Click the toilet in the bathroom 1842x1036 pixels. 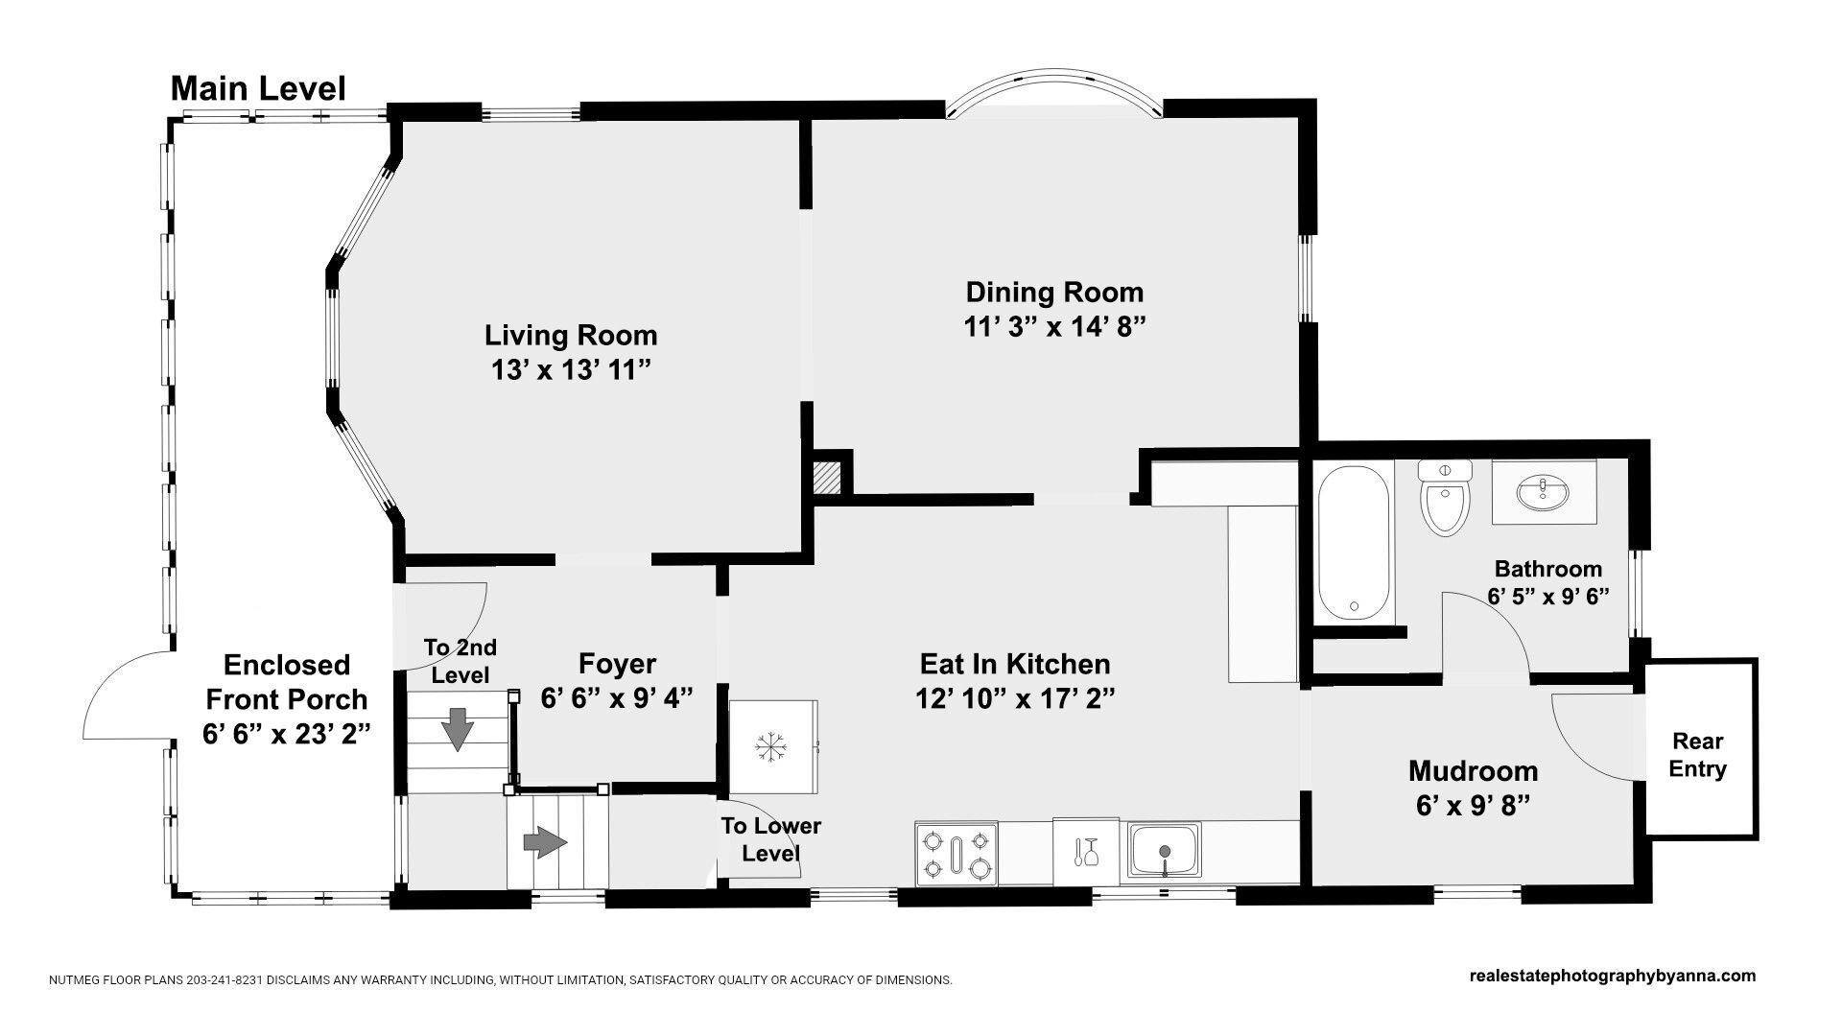[x=1445, y=498]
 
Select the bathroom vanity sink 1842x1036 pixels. [x=1544, y=493]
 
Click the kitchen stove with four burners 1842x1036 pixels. [x=956, y=853]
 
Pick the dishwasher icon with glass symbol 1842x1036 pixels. [x=1086, y=851]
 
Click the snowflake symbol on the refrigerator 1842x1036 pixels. [x=769, y=747]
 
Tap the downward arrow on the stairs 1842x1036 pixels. [x=459, y=729]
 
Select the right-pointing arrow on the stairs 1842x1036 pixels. [x=545, y=843]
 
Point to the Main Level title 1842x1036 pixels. [x=258, y=89]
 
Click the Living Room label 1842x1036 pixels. [x=571, y=335]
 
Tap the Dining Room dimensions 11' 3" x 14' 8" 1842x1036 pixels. [x=1055, y=327]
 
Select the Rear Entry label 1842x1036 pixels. [x=1698, y=755]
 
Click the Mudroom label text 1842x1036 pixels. [x=1473, y=770]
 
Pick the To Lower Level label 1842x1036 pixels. [x=771, y=838]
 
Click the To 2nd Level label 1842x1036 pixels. [x=460, y=661]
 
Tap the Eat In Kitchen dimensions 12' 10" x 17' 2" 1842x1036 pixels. [x=1015, y=698]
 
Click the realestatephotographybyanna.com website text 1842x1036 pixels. [x=1613, y=977]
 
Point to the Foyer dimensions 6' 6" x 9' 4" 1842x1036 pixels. [x=617, y=698]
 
